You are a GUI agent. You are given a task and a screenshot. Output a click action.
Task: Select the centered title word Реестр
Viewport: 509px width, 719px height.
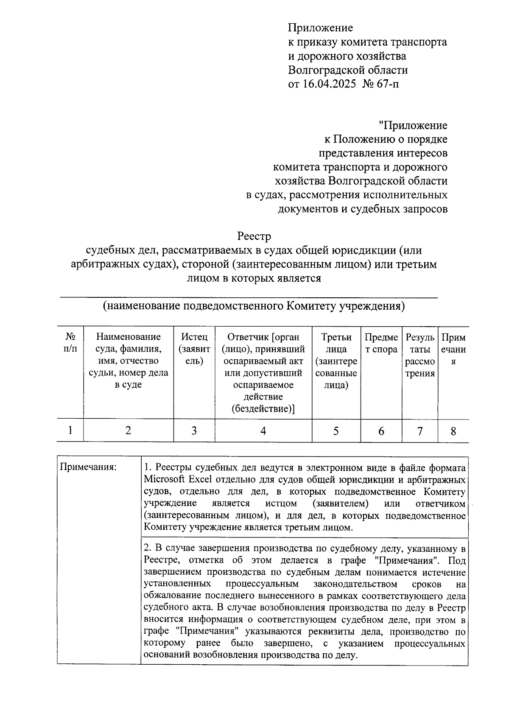[254, 236]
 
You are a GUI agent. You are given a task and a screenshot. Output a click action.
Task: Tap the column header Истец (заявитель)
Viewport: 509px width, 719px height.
[194, 349]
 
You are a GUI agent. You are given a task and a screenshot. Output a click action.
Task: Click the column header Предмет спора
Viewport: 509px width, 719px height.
[381, 343]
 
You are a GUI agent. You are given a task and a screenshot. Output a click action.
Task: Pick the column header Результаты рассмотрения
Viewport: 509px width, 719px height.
[420, 355]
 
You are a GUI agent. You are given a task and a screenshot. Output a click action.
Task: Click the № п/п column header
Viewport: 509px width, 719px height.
[70, 343]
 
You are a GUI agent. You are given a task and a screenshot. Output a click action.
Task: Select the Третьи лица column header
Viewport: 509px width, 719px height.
[336, 361]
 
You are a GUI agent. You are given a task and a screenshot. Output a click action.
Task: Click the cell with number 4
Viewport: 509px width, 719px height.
[263, 431]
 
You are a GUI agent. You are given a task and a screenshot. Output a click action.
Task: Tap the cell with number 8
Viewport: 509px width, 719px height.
[453, 431]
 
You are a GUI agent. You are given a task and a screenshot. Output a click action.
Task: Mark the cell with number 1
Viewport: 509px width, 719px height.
[70, 430]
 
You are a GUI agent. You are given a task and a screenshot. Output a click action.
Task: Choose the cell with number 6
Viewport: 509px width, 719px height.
[381, 431]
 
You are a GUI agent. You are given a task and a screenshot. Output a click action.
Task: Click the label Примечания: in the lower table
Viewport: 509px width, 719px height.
[88, 467]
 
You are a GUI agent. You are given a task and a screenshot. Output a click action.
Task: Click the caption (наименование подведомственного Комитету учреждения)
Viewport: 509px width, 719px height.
[254, 306]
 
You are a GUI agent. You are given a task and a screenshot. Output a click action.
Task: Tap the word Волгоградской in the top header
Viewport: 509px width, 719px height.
[326, 70]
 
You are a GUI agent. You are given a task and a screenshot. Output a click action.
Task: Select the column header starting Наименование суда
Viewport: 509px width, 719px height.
[128, 361]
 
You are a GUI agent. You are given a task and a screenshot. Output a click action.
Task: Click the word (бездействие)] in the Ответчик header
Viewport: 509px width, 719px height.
[263, 408]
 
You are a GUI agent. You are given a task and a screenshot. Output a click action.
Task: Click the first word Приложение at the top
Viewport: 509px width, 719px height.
[320, 28]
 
